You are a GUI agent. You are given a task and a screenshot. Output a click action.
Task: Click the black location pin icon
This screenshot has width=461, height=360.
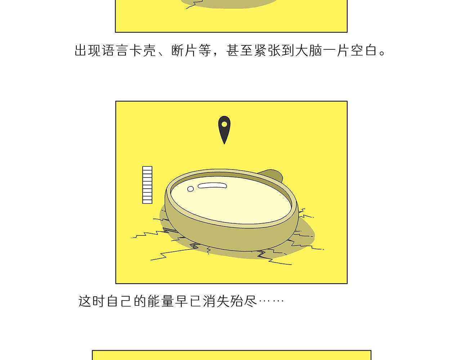point(224,130)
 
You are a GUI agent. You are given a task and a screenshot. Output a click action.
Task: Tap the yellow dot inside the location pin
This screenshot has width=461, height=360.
point(224,124)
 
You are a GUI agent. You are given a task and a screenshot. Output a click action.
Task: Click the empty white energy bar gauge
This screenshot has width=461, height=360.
point(147,185)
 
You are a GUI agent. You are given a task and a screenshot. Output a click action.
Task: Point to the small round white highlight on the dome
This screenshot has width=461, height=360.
point(191,189)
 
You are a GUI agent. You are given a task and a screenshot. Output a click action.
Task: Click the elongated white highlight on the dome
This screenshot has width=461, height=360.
point(212,186)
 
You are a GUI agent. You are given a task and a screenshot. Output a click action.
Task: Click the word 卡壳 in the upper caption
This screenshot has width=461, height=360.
point(143,50)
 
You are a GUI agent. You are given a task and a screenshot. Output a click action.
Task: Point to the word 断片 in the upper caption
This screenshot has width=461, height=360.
point(184,50)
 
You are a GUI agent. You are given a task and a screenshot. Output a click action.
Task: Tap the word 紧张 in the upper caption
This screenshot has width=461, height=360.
point(267,50)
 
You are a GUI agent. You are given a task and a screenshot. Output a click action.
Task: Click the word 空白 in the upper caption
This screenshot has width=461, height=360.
point(364,50)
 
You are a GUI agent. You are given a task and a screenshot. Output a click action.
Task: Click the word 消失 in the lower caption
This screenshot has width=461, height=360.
point(216,301)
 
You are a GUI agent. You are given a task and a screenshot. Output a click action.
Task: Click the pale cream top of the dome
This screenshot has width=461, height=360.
point(231,200)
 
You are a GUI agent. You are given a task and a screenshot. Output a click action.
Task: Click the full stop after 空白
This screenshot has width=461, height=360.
point(382,53)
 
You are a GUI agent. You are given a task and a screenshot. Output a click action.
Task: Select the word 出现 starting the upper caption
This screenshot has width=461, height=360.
point(88,50)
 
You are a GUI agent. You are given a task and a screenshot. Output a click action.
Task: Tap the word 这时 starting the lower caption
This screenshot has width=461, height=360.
point(91,301)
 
